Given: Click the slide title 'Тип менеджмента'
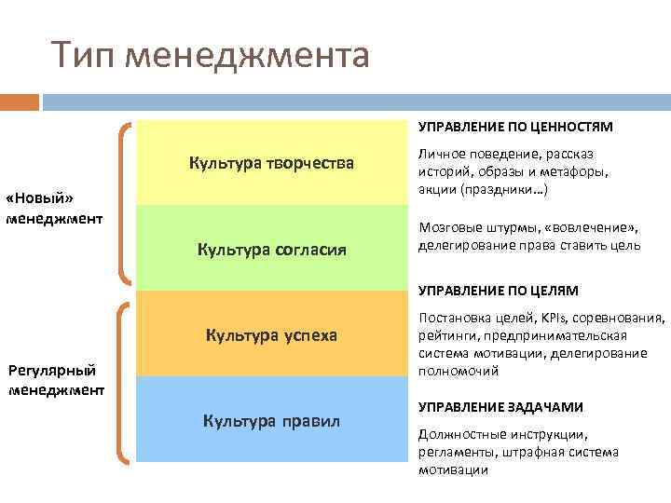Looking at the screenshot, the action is click(212, 55).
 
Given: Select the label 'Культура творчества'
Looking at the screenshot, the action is click(271, 163).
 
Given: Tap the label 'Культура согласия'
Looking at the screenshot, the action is click(272, 249).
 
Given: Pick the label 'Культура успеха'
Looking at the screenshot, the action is click(271, 334).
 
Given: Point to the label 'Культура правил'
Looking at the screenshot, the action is click(271, 420).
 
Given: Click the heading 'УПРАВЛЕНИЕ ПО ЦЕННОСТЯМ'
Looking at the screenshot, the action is click(515, 126).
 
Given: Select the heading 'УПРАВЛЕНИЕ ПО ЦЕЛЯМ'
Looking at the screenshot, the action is click(499, 291).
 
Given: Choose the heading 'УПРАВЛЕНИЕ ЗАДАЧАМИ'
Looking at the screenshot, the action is click(501, 407).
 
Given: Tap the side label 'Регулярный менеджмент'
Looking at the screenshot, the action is click(55, 380).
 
